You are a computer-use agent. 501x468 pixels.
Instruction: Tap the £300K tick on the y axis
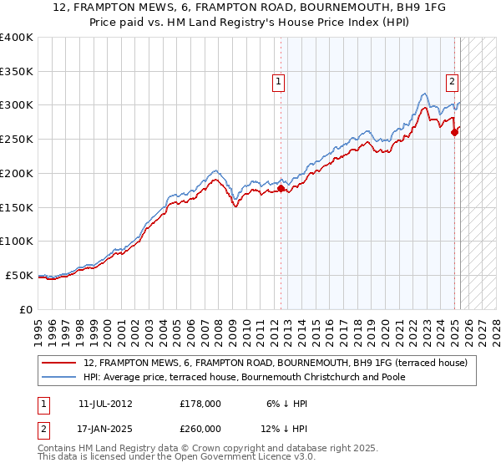pyautogui.click(x=17, y=105)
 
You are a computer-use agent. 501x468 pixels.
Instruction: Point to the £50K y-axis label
pyautogui.click(x=19, y=275)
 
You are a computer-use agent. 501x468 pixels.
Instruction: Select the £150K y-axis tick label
pyautogui.click(x=17, y=207)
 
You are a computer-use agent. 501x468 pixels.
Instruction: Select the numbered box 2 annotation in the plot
pyautogui.click(x=452, y=82)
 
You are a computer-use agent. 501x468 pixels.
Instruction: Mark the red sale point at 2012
pyautogui.click(x=281, y=188)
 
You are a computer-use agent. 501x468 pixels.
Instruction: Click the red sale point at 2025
pyautogui.click(x=454, y=132)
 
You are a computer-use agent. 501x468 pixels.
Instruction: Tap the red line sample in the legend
pyautogui.click(x=59, y=363)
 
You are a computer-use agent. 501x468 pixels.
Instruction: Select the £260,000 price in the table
pyautogui.click(x=200, y=429)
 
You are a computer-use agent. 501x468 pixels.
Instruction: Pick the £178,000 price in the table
pyautogui.click(x=200, y=404)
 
